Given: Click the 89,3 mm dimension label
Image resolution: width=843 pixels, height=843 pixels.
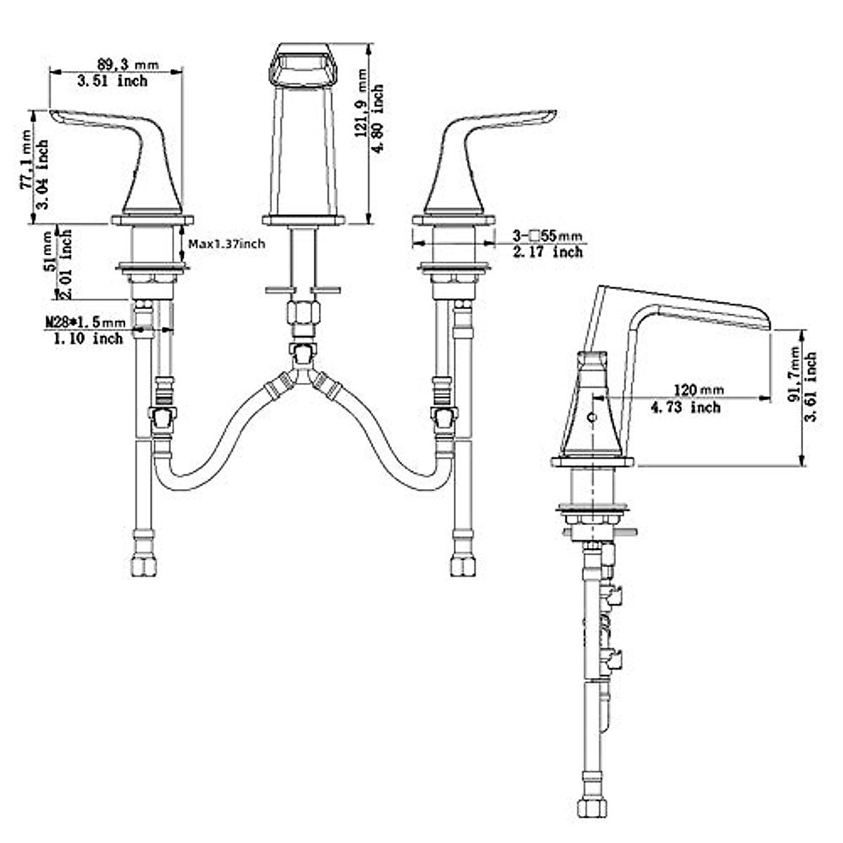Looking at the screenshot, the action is [x=127, y=65].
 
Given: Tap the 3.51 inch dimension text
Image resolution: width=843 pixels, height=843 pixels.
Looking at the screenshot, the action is [x=112, y=81].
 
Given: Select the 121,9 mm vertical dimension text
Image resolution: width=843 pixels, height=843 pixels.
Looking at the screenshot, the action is [x=362, y=103].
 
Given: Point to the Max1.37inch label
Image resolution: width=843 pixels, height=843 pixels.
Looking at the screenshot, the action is [x=227, y=244].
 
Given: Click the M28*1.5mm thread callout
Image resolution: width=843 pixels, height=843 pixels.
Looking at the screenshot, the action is [x=86, y=323].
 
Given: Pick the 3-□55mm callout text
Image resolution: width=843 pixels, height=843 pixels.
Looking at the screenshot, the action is [x=547, y=236].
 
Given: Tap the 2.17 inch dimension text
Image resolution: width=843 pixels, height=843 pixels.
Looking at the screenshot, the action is [x=548, y=252].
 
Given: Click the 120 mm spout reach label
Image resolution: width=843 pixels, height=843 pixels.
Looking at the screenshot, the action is [x=698, y=389].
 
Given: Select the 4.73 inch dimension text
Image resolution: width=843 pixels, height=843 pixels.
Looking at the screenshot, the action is [x=686, y=407].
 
